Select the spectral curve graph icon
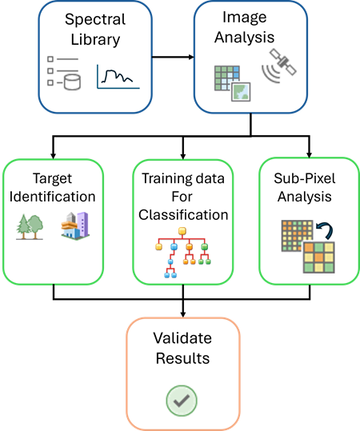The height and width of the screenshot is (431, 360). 118,76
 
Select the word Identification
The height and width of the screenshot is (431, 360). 54,197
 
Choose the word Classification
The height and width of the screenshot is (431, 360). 183,215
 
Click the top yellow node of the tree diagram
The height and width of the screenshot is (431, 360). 182,233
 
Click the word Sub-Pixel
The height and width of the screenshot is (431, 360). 309,177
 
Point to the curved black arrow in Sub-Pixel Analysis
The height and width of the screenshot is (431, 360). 324,235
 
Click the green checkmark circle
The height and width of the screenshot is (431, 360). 181,400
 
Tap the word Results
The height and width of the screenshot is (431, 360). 181,358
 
